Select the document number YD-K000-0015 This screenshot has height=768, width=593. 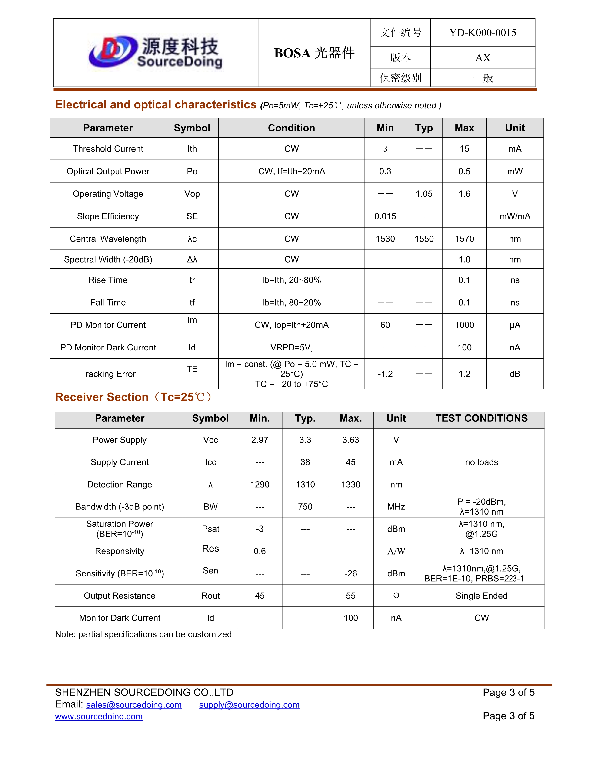(x=483, y=33)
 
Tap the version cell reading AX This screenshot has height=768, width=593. (x=483, y=58)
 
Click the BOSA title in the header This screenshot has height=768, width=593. (x=314, y=53)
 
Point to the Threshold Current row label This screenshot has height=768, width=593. (x=108, y=149)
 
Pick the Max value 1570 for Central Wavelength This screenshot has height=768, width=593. (x=464, y=239)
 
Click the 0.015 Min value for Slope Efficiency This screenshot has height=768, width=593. (x=385, y=216)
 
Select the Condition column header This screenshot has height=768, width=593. (x=291, y=128)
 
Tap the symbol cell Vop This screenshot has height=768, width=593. (x=192, y=194)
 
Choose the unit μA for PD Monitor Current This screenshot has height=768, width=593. (x=515, y=325)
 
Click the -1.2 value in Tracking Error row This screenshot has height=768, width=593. (x=385, y=374)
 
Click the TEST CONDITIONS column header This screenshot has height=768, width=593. (x=481, y=418)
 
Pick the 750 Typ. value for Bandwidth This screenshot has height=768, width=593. (x=305, y=507)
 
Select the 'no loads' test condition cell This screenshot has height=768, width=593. (x=481, y=462)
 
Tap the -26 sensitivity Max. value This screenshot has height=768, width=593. (x=351, y=573)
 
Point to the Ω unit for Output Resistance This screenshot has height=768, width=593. (x=396, y=596)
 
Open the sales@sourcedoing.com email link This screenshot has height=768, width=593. (x=134, y=705)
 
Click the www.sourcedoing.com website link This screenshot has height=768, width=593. (x=99, y=716)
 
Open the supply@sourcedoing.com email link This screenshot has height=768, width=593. (x=249, y=705)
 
